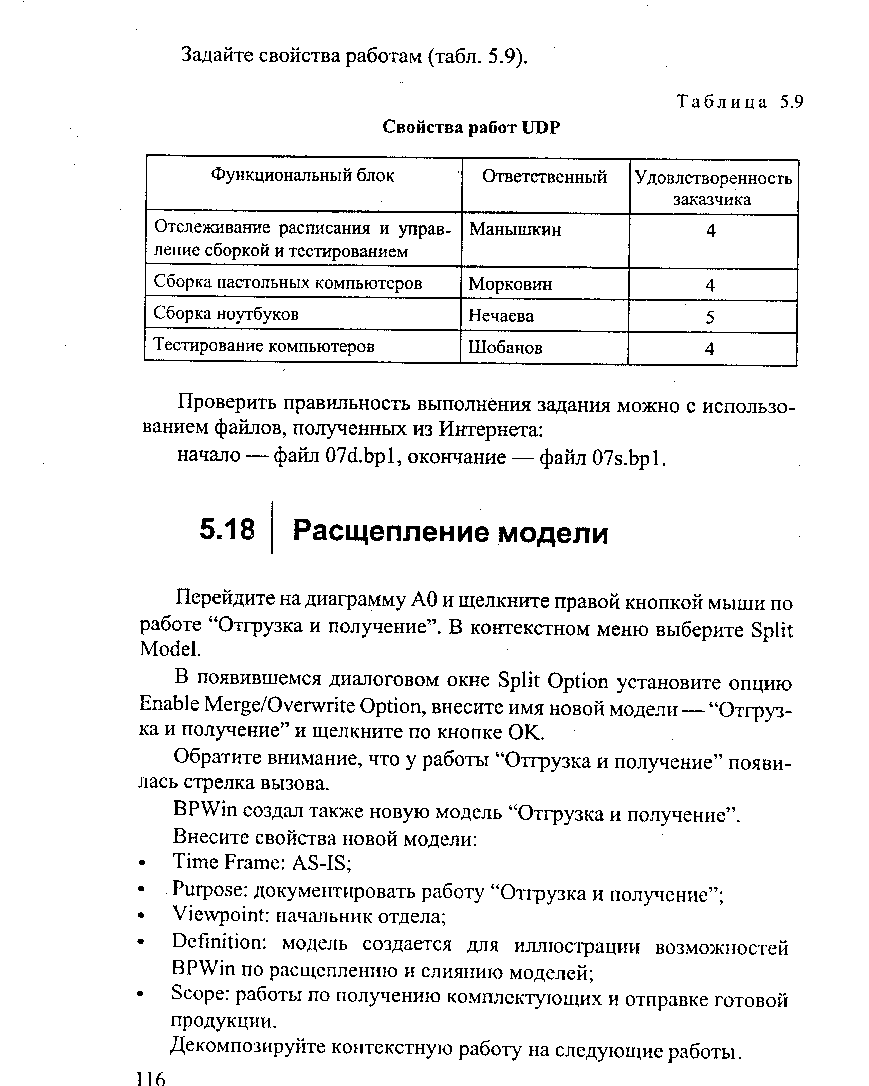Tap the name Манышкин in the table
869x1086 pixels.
515,230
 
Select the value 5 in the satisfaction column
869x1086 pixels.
710,317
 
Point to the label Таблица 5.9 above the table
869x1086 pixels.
739,102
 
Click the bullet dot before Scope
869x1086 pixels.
142,995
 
